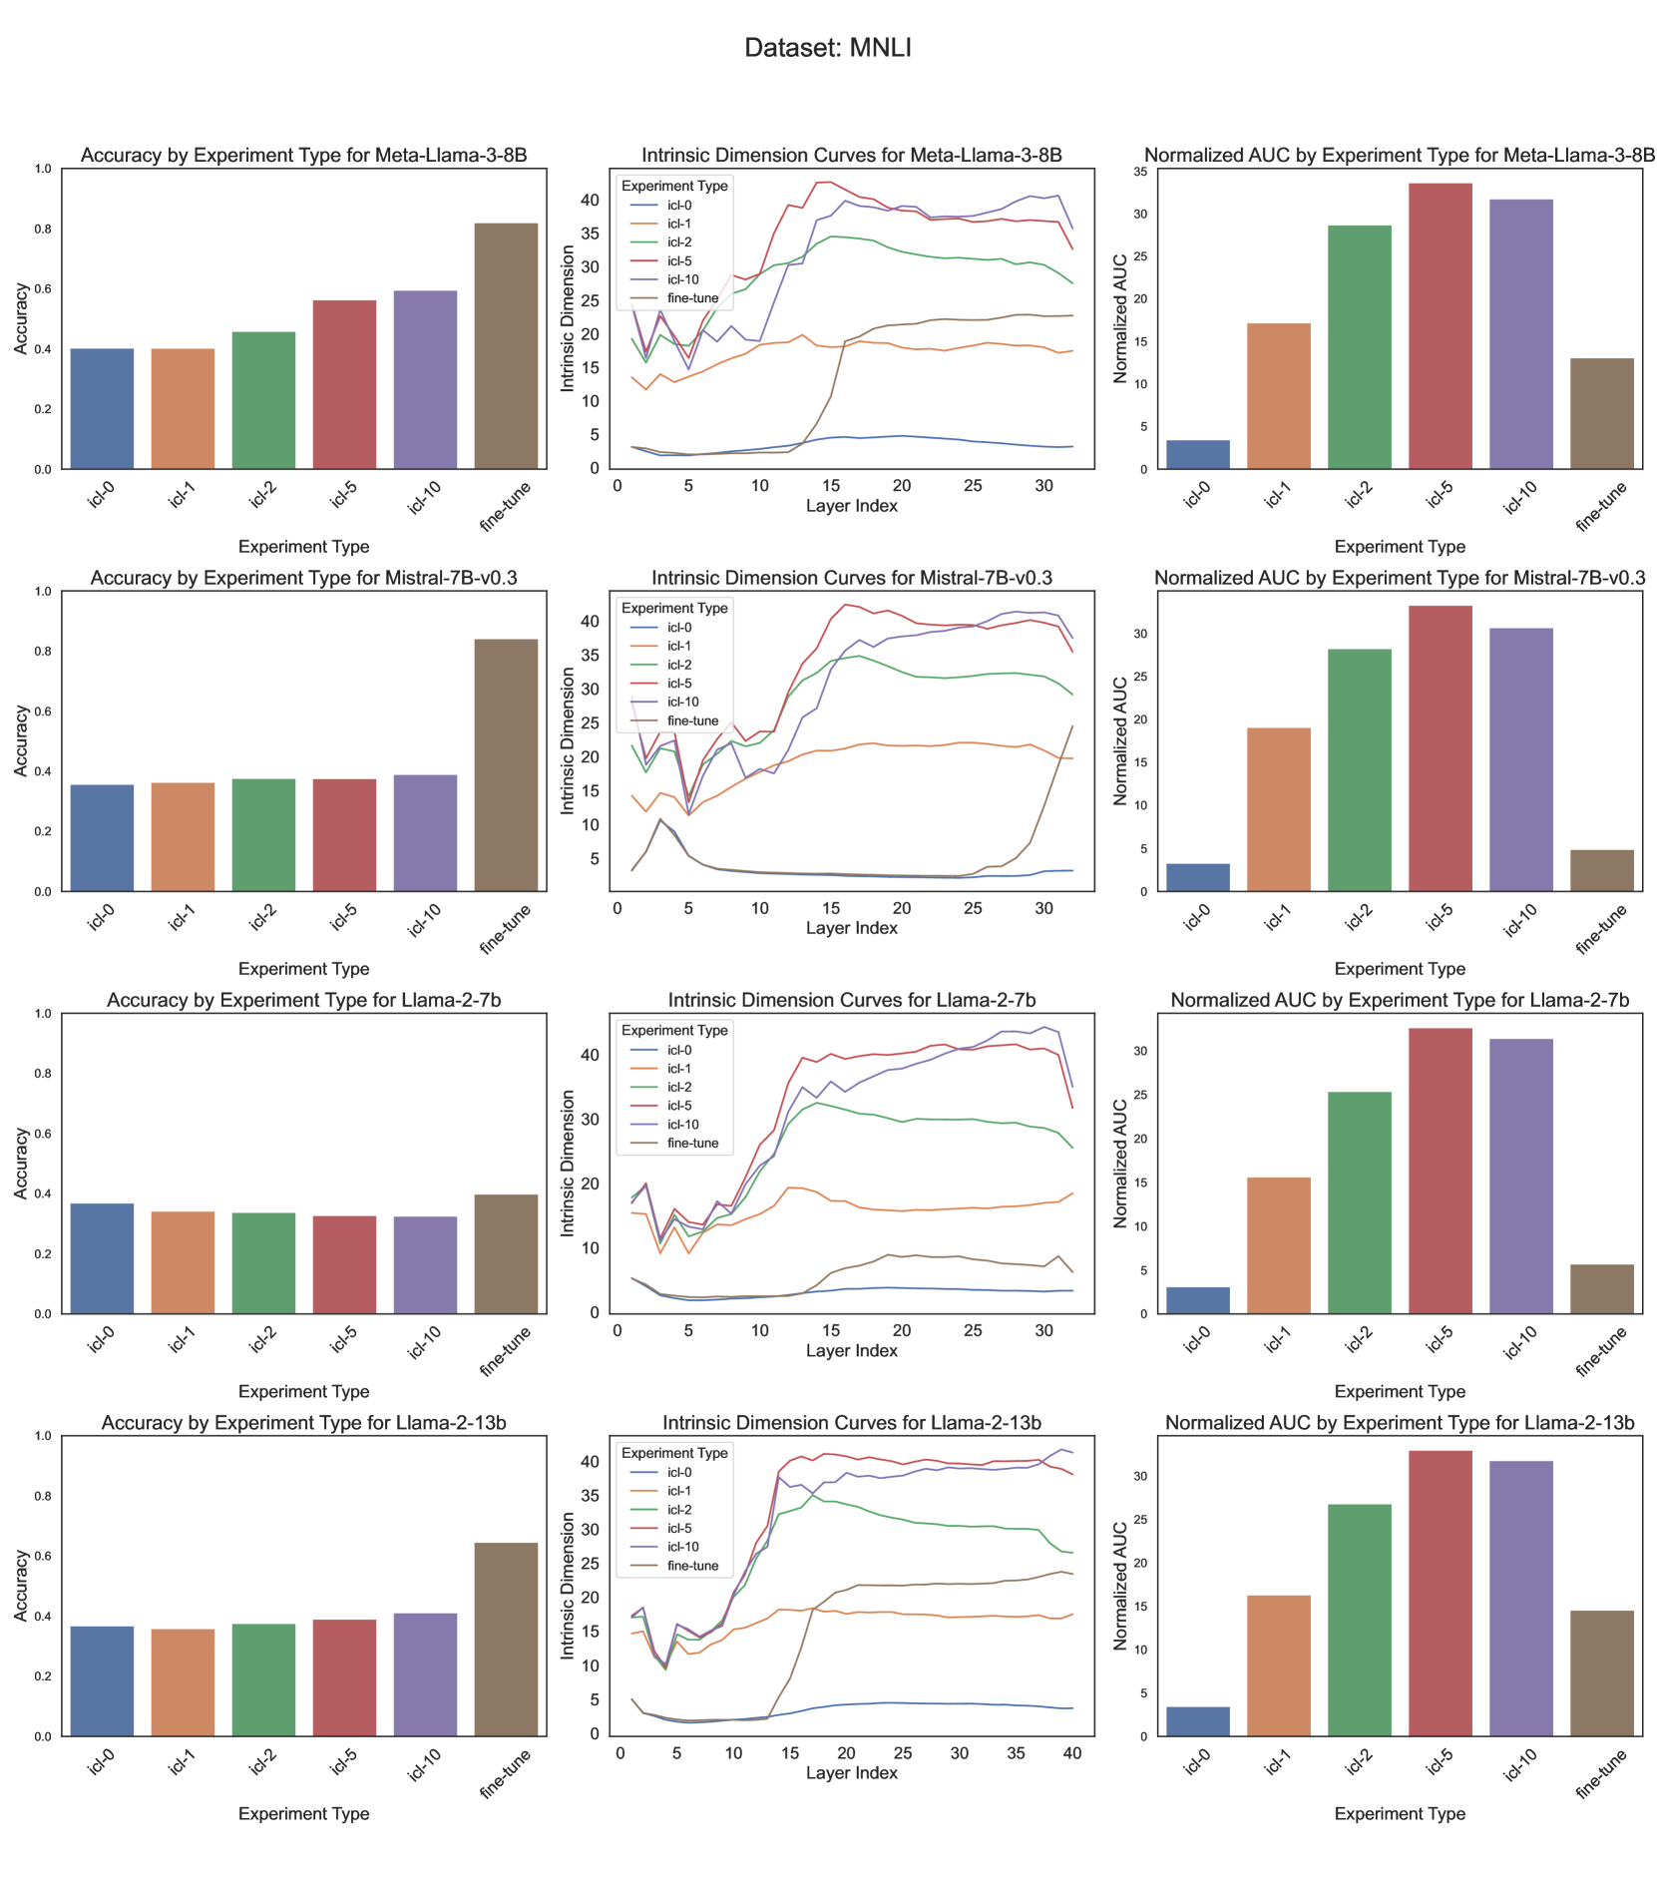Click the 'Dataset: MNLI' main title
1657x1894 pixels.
[x=828, y=48]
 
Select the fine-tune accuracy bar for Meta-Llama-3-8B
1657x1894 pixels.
[x=506, y=345]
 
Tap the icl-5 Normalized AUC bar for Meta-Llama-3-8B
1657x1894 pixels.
[x=1440, y=325]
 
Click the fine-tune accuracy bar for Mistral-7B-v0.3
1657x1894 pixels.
[x=506, y=764]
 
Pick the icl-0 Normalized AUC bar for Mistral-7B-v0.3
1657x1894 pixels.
[x=1197, y=877]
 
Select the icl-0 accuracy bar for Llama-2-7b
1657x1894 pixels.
[x=102, y=1258]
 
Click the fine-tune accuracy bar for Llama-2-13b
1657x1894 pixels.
[x=506, y=1639]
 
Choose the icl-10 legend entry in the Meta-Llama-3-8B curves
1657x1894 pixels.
[x=682, y=279]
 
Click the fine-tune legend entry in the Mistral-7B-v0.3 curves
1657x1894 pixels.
[x=692, y=720]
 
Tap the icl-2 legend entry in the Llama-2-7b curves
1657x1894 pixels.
[x=678, y=1087]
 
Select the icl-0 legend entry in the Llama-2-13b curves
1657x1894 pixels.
[x=678, y=1472]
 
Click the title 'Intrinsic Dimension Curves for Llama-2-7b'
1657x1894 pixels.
[x=851, y=1000]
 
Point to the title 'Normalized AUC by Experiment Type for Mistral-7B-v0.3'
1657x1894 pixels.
[x=1399, y=578]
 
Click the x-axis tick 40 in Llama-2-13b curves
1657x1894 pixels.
[x=1072, y=1753]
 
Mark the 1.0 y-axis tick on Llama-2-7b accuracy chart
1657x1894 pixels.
[x=43, y=1014]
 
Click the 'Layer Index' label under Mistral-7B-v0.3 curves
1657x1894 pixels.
[x=851, y=928]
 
